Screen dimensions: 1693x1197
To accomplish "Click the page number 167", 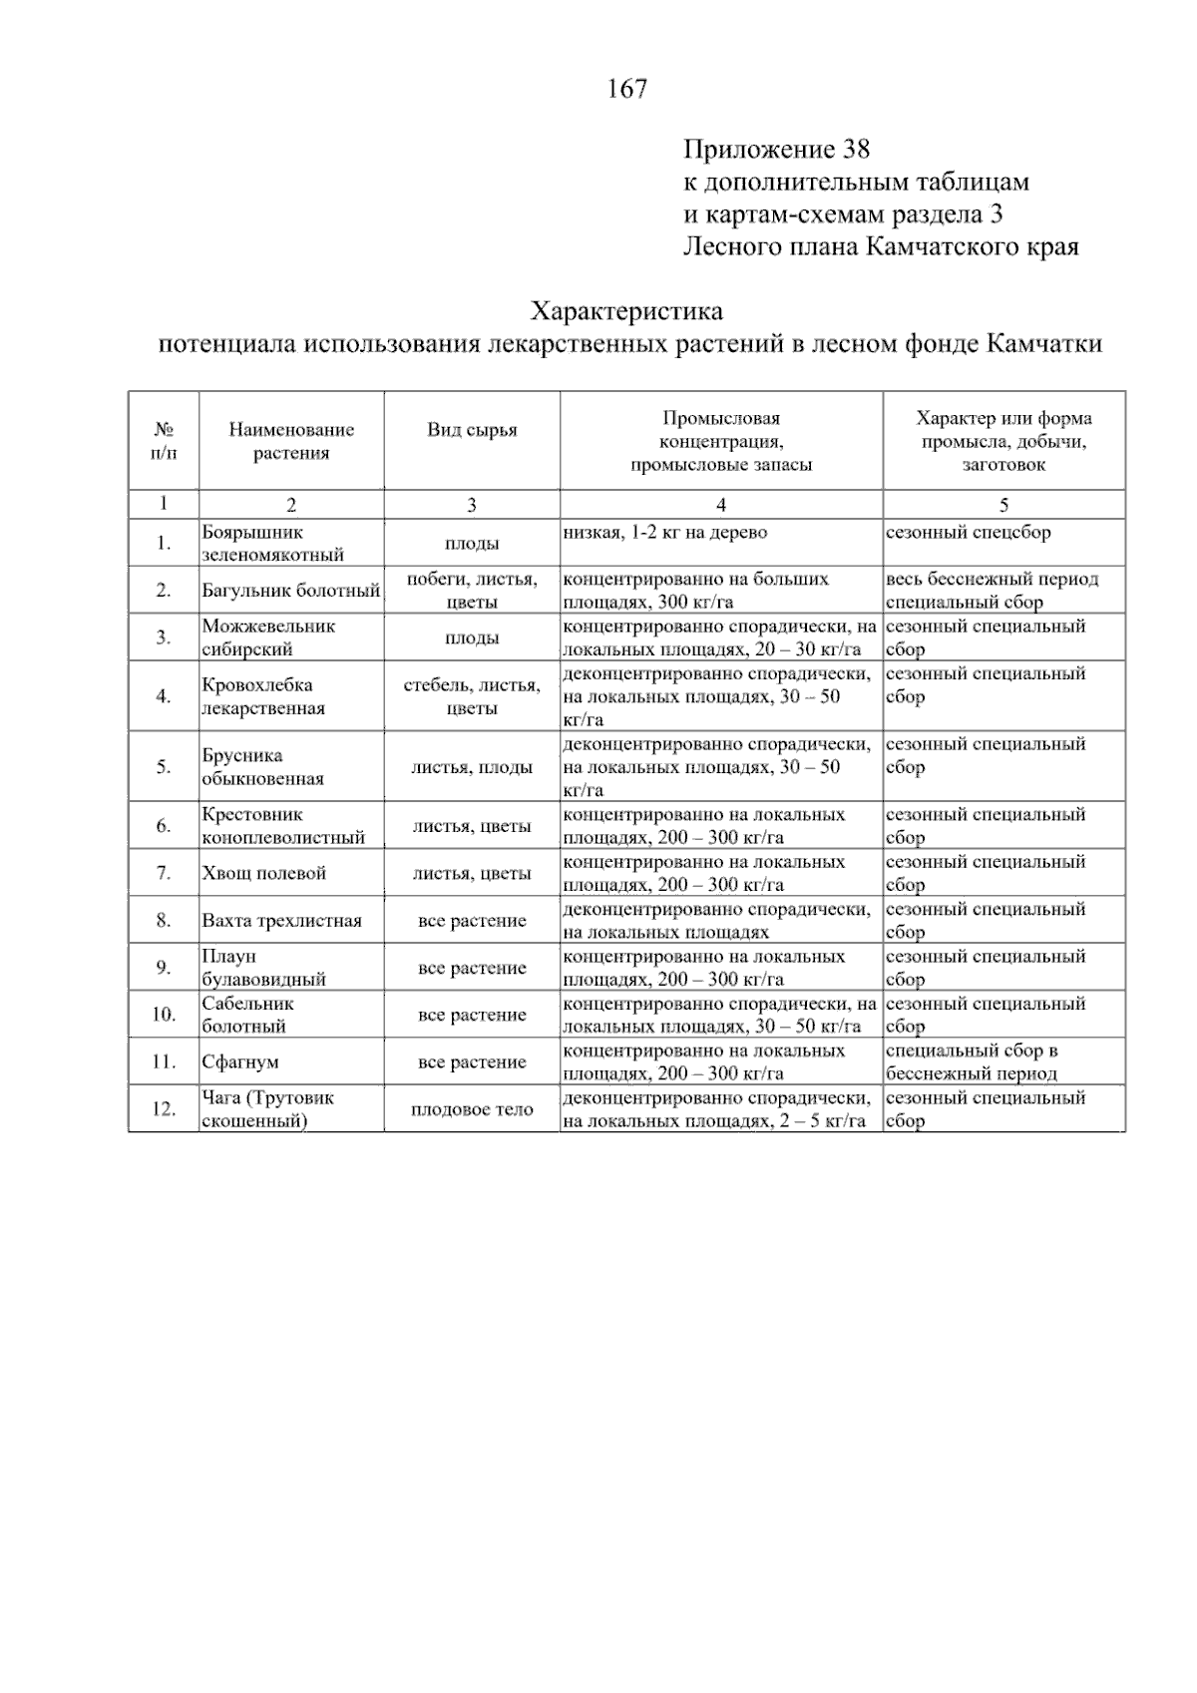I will (x=627, y=90).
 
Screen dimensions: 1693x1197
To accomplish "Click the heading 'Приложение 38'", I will (x=776, y=150).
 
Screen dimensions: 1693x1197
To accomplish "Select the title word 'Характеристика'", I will (x=626, y=311).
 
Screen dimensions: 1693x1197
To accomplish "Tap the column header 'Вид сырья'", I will (x=472, y=430).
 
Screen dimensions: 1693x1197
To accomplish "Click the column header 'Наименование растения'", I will (x=291, y=441).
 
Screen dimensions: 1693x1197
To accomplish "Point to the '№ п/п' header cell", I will (x=164, y=441).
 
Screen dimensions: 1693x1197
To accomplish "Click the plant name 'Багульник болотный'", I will (x=290, y=591).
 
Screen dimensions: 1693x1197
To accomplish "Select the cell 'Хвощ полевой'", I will (x=264, y=873).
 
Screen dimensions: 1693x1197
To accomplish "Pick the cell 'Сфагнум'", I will (x=240, y=1062).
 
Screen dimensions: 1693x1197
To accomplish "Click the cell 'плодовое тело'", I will (x=472, y=1109).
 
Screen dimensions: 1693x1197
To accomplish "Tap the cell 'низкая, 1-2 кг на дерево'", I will (x=665, y=533).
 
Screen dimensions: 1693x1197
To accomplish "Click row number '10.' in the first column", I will (x=164, y=1015).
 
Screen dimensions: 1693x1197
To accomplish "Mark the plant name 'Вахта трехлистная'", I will (x=281, y=921).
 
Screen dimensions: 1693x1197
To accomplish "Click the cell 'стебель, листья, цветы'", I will (x=472, y=696).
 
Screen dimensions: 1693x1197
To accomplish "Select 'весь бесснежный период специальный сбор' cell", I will (x=992, y=591).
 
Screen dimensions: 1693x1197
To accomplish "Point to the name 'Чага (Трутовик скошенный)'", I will (x=267, y=1109).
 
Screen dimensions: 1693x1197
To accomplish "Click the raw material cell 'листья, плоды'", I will (x=472, y=767).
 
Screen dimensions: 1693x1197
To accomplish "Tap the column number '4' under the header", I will (x=721, y=505).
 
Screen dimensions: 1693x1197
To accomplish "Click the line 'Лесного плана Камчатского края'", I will (x=880, y=246).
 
